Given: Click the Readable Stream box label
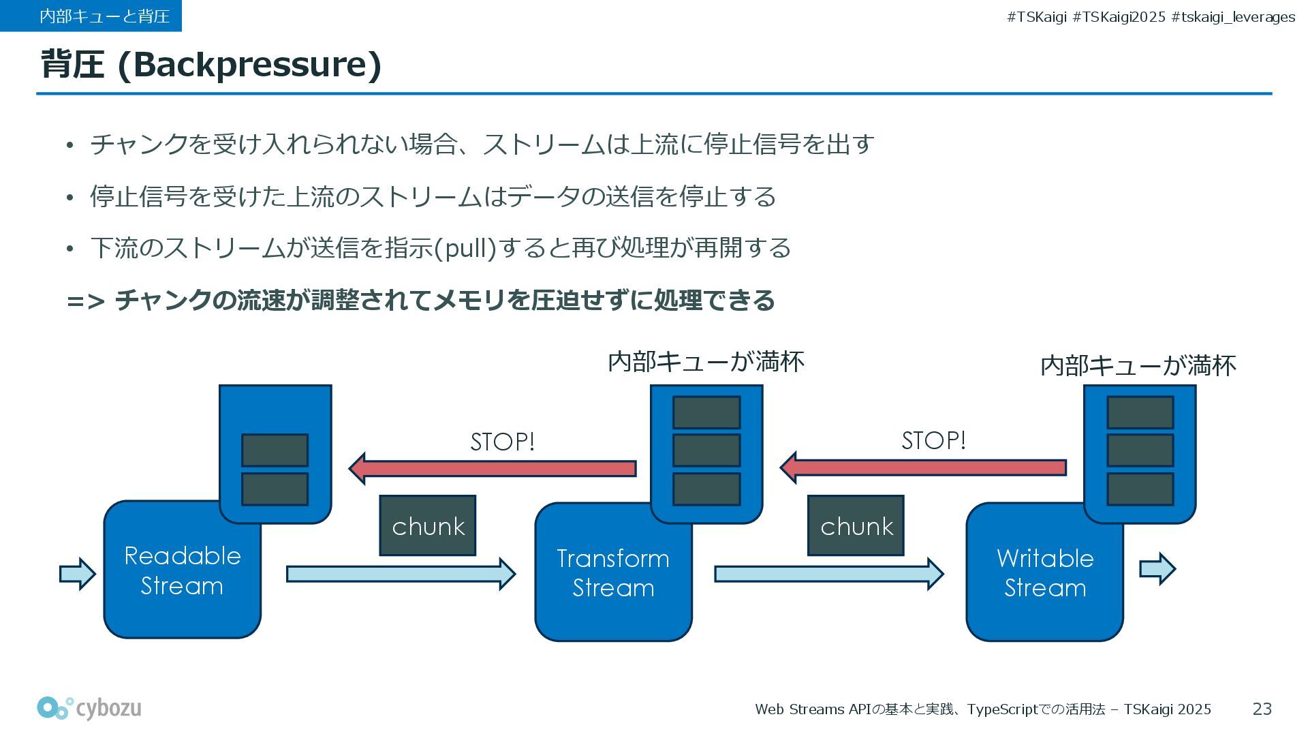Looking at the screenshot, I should [182, 571].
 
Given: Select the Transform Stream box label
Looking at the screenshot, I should [613, 573].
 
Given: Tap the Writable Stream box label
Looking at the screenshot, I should [1045, 573].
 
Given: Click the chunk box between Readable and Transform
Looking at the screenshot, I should [428, 525].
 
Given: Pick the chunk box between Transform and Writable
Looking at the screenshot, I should [856, 525].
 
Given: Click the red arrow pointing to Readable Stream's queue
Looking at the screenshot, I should [493, 469].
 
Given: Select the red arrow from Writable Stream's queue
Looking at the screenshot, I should [923, 467].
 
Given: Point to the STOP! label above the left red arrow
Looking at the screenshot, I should [503, 442].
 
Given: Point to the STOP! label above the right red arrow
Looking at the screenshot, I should [933, 440].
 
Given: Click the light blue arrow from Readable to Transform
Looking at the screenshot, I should [401, 574].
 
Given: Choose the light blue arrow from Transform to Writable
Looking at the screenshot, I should [828, 574].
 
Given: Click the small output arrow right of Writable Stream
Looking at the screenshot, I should [1157, 569].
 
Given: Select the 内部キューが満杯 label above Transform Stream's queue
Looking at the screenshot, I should [706, 361].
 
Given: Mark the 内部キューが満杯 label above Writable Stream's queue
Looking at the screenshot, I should [1138, 366].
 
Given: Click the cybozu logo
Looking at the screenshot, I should [89, 709].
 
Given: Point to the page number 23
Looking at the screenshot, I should [1262, 709].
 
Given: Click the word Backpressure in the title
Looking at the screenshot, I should [249, 65].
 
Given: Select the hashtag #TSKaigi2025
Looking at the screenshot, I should [1119, 17].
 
